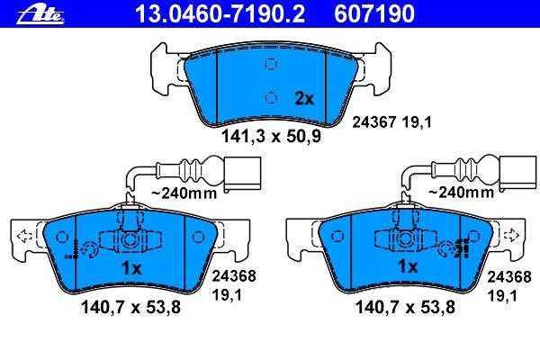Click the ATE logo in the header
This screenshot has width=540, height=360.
(x=40, y=15)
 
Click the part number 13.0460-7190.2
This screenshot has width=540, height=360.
(x=220, y=14)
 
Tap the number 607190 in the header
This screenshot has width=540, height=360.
(x=374, y=14)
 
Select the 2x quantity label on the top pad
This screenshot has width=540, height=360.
(x=304, y=99)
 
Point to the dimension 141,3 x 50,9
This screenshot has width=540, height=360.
(x=271, y=136)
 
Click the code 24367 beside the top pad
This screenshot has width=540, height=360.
(x=375, y=122)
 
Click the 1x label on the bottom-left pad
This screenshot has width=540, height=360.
(x=131, y=268)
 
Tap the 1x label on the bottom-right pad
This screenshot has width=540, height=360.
(x=408, y=266)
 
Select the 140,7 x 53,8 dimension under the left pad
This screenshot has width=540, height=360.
(x=130, y=307)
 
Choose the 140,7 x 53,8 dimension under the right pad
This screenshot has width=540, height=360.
(x=405, y=307)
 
